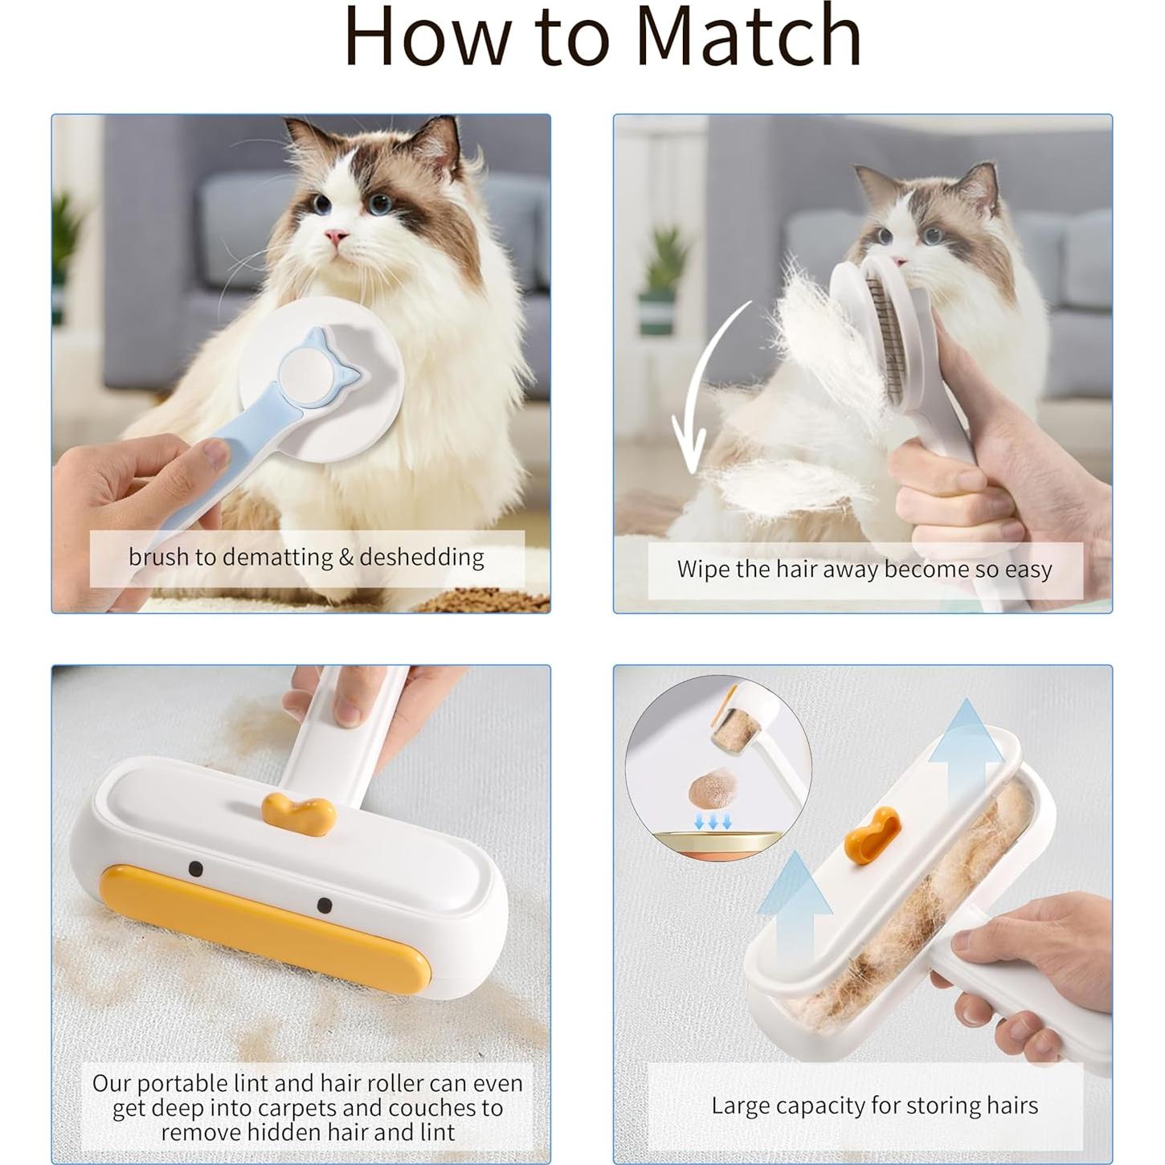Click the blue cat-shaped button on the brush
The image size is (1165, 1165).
pos(317,368)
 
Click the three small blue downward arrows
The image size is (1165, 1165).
pos(713,820)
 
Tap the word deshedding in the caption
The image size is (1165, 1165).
pos(421,557)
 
